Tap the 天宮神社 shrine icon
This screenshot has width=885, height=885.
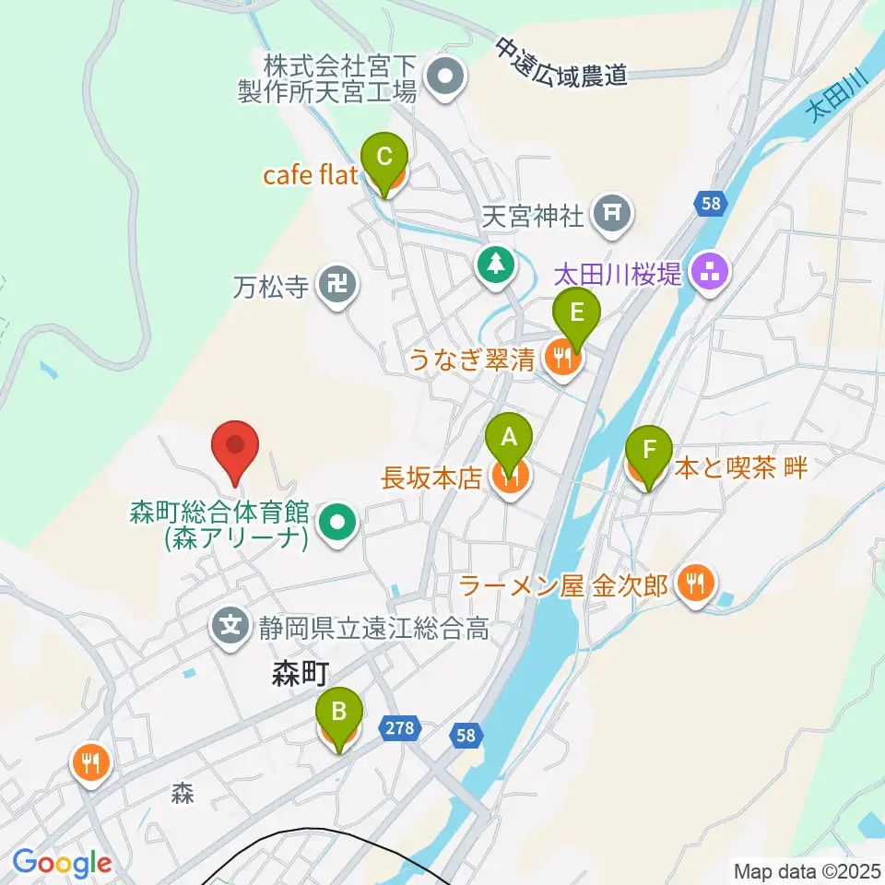pos(612,216)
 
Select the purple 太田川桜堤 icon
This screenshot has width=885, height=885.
pos(711,272)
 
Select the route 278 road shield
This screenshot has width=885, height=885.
pos(399,729)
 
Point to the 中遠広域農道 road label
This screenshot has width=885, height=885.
pos(560,62)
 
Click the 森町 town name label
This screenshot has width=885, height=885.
pos(300,676)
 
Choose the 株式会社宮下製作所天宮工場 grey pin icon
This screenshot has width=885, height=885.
pos(447,78)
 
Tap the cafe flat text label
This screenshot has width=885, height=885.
pos(310,174)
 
